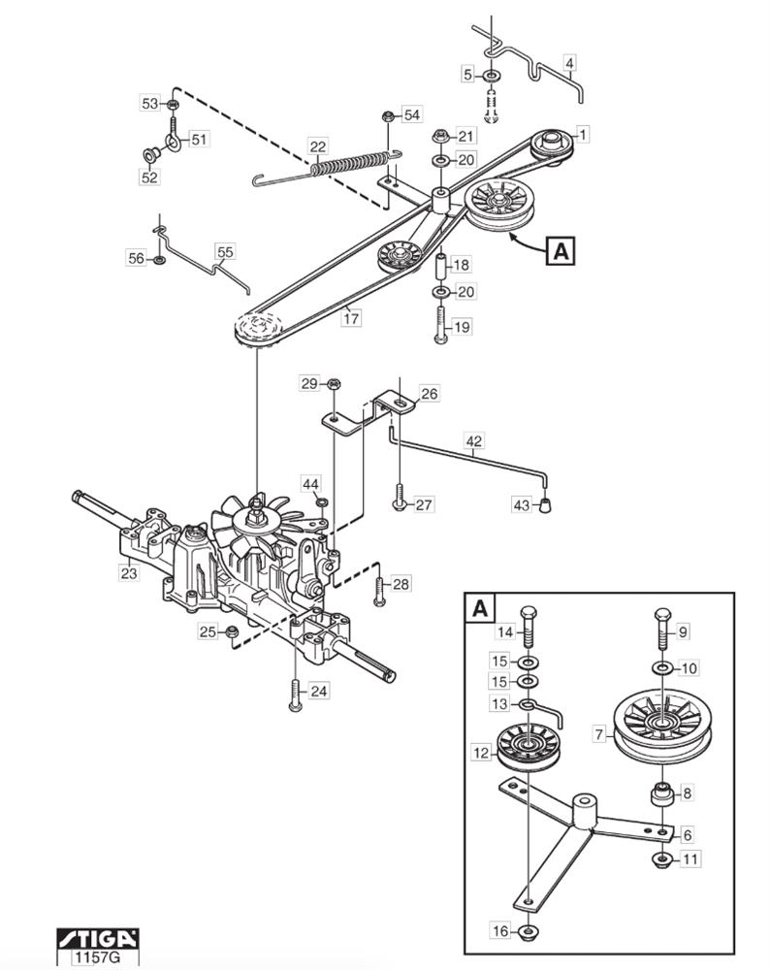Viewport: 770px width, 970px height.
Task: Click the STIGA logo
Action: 97,938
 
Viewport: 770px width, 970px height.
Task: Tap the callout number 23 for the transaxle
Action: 129,573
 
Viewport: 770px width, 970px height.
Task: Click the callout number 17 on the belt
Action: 351,318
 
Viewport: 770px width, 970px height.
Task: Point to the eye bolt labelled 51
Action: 174,135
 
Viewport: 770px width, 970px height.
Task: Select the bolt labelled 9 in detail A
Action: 661,628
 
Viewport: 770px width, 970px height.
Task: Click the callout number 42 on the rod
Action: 474,441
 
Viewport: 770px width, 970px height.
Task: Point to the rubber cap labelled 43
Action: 544,505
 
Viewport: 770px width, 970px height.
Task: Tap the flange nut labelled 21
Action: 440,136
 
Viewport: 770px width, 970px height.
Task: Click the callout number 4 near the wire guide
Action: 570,63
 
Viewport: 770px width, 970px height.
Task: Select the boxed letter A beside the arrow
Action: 561,251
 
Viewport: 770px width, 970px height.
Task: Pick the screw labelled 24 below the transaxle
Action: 295,695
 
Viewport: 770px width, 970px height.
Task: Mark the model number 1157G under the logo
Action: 97,957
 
